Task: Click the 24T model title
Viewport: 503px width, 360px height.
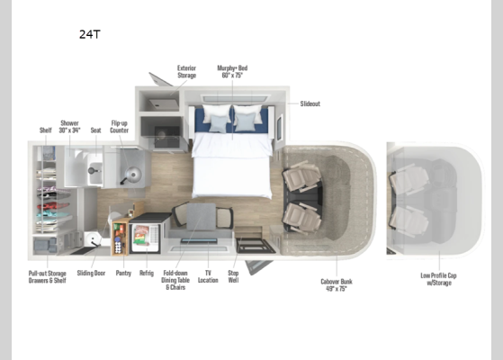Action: click(x=89, y=35)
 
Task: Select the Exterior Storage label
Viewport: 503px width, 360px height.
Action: click(x=186, y=72)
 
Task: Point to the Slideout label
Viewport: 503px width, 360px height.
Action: click(x=309, y=103)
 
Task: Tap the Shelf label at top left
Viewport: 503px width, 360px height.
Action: click(x=45, y=129)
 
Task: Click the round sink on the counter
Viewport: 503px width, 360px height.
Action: click(x=132, y=174)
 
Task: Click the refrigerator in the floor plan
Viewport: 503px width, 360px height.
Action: click(x=145, y=237)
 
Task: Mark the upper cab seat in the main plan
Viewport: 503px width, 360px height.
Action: click(x=298, y=178)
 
